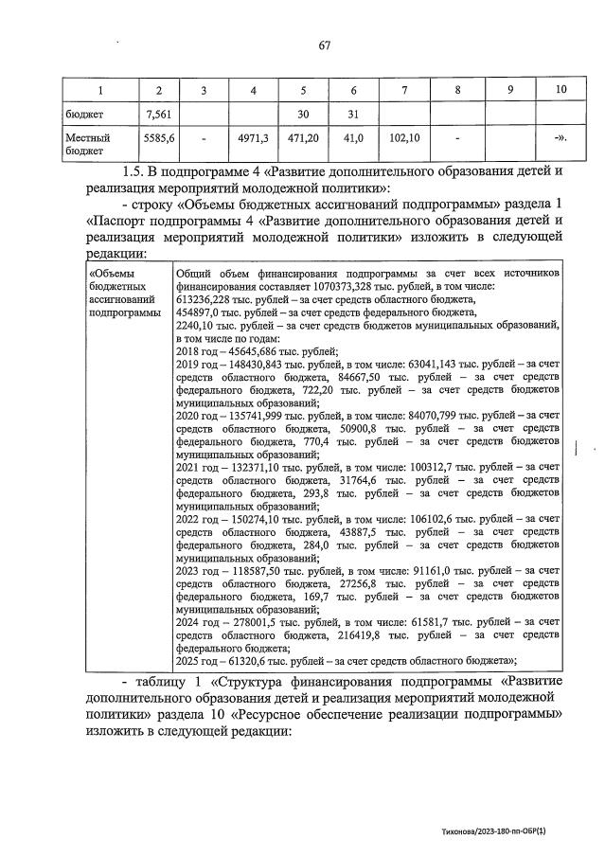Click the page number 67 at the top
point(324,45)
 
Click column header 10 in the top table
point(560,89)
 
